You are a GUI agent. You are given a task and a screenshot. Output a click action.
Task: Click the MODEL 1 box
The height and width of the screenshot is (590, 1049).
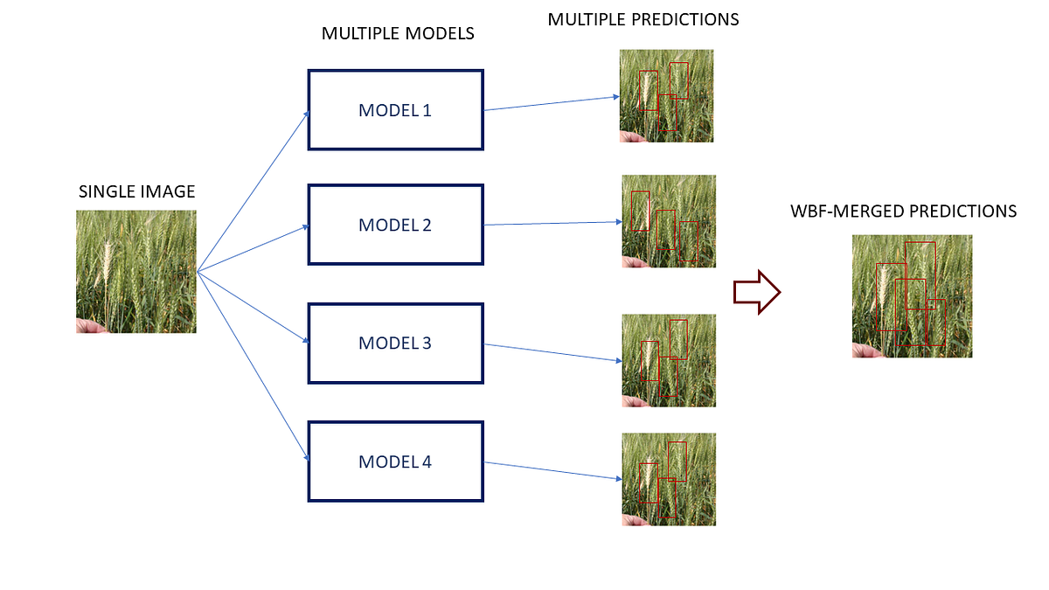pos(395,110)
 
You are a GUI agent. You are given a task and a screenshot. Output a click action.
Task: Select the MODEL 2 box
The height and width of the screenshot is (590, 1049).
pos(395,225)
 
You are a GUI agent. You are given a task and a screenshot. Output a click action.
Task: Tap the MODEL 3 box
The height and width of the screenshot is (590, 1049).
pos(395,343)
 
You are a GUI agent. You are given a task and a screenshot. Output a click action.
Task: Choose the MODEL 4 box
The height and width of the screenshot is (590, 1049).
pos(395,462)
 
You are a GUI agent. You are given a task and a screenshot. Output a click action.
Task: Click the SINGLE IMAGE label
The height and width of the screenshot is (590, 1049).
pos(136,191)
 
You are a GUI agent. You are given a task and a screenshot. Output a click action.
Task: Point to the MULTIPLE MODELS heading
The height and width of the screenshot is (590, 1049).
pos(398,34)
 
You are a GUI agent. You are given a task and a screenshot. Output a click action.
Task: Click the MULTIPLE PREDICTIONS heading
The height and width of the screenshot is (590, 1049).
pos(643,19)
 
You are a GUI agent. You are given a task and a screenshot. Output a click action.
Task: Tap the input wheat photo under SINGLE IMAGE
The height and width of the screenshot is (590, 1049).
pos(136,271)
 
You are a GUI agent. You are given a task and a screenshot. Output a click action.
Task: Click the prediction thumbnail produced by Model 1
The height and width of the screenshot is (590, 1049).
pos(666,95)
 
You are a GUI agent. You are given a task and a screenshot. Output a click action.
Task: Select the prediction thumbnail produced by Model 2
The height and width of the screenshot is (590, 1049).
pos(668,221)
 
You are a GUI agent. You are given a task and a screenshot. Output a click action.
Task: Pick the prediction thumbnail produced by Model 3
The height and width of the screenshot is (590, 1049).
pos(668,360)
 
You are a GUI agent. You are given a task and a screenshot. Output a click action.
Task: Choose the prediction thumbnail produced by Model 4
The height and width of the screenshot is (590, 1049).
pos(668,479)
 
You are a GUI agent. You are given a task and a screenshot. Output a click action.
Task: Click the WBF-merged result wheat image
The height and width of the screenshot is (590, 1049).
pos(912,295)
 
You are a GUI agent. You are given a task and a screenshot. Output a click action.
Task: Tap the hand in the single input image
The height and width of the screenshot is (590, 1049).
pos(90,326)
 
